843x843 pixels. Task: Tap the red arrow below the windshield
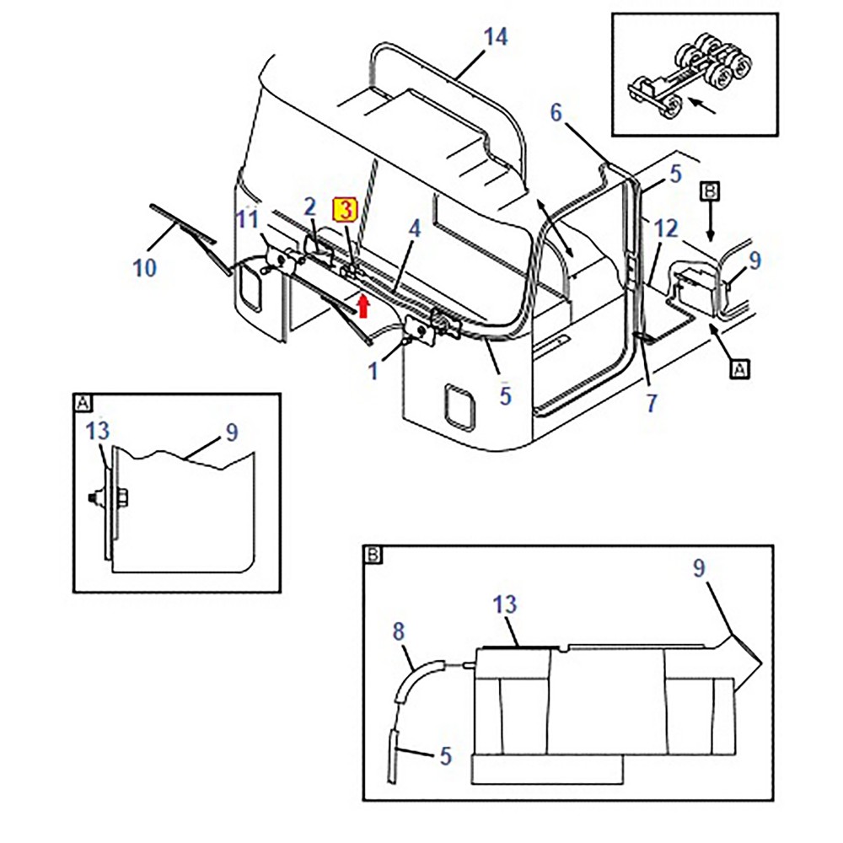tap(363, 304)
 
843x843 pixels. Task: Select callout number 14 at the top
tap(497, 39)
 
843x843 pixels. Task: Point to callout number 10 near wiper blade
tap(145, 268)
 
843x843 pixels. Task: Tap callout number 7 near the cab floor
tap(651, 403)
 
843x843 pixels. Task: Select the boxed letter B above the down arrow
tap(710, 192)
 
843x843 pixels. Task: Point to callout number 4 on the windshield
tap(414, 228)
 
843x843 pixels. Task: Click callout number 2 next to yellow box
tap(309, 207)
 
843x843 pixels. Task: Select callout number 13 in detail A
tap(99, 432)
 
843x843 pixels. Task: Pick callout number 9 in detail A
tap(231, 432)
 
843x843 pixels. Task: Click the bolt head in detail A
tap(94, 498)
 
